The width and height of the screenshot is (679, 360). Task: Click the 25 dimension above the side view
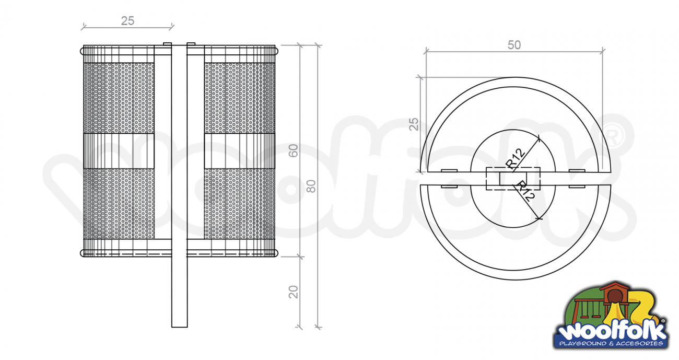point(127,21)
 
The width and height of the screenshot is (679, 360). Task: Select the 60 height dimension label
point(294,150)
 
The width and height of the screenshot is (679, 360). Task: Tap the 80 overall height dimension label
point(311,186)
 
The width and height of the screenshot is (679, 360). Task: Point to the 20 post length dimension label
point(294,292)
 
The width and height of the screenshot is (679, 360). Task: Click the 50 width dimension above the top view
point(514,45)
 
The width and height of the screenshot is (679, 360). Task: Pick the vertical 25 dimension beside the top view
point(414,124)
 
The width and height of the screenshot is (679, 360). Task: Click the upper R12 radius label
point(516,158)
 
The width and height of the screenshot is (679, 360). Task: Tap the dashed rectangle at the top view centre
point(513,179)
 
